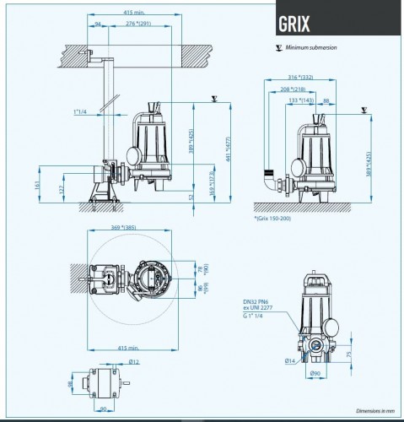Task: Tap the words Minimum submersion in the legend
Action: point(312,48)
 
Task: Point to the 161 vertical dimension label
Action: point(38,183)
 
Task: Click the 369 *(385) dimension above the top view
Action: point(123,229)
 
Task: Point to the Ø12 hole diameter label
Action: point(132,362)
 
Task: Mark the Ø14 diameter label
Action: point(289,360)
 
